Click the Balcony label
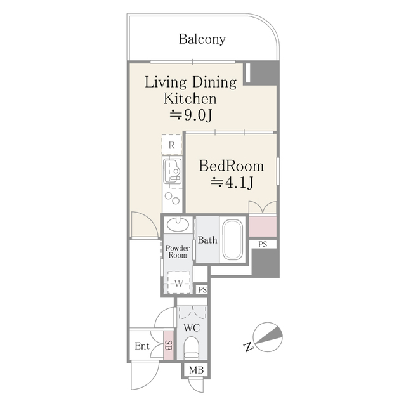coord(202,40)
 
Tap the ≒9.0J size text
coord(191,115)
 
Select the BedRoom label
coord(231,166)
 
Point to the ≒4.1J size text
coord(232,183)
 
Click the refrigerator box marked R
coord(171,145)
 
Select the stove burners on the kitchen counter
coord(171,200)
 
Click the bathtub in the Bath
coord(233,239)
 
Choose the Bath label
coord(207,240)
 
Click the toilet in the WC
coord(191,348)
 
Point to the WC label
coord(192,328)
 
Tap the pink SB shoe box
coord(168,346)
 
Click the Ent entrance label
coord(142,346)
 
